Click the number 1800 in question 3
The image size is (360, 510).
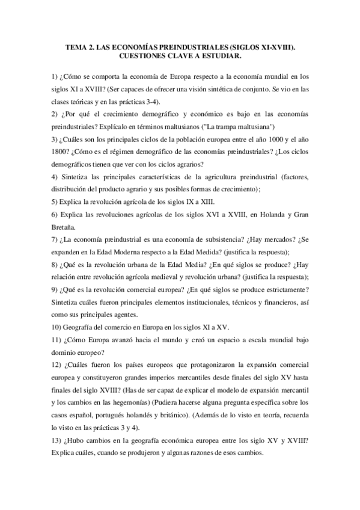[61, 152]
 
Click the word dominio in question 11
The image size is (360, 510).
[66, 353]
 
